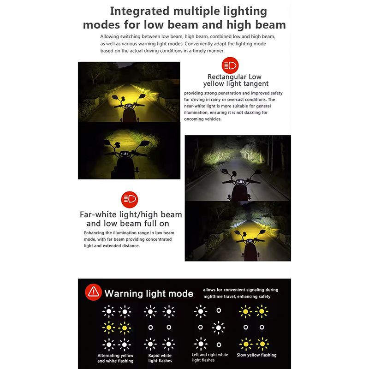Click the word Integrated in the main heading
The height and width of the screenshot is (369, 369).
click(140, 12)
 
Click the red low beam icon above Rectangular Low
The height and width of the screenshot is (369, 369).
click(230, 65)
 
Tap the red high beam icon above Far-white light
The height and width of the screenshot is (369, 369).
click(130, 200)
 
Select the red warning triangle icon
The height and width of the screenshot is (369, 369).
click(94, 292)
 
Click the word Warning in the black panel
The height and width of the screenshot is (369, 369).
click(124, 294)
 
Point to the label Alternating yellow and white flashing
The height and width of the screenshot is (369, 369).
click(115, 358)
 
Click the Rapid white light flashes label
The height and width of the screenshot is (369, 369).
click(160, 358)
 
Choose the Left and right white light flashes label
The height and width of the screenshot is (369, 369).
click(210, 357)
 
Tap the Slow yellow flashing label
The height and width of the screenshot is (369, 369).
click(256, 355)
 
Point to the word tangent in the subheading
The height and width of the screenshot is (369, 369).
click(256, 84)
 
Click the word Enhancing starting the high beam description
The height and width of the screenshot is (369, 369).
click(94, 233)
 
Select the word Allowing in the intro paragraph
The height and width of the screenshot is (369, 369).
click(109, 37)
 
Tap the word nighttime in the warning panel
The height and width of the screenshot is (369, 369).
click(213, 297)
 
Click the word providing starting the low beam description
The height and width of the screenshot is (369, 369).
click(193, 94)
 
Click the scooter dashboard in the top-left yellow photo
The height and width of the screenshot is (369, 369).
click(129, 106)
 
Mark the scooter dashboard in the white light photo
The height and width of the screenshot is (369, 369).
click(240, 182)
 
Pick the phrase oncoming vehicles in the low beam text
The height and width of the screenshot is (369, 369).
click(202, 119)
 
